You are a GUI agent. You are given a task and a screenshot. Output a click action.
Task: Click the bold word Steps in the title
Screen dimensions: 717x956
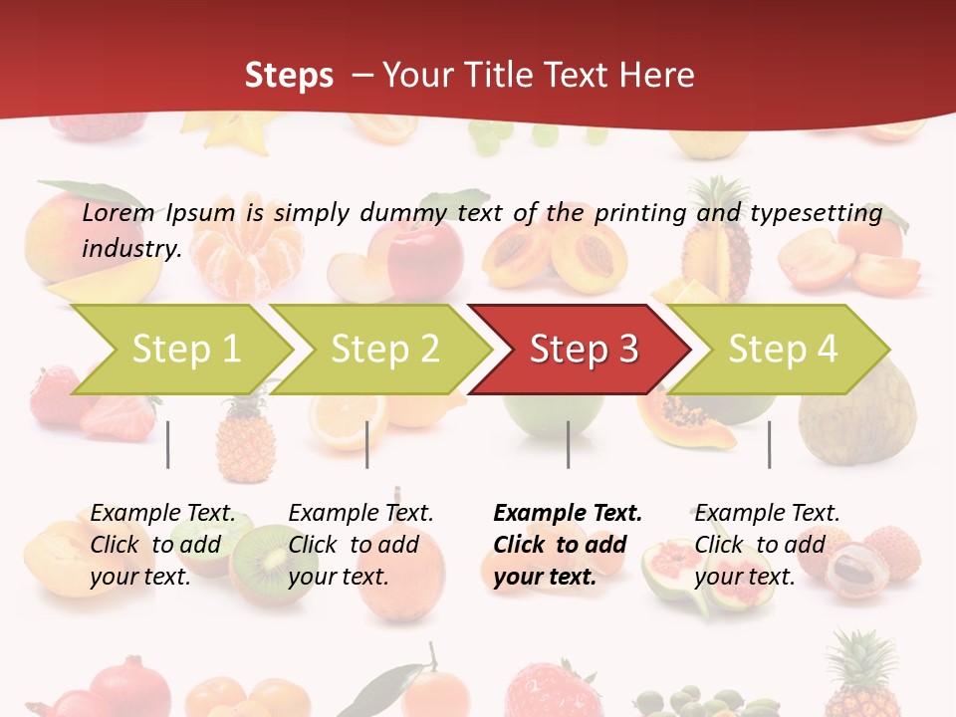(x=289, y=75)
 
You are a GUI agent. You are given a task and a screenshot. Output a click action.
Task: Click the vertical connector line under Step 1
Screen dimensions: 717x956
(x=168, y=444)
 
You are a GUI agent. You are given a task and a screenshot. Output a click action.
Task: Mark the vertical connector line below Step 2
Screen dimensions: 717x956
(x=367, y=444)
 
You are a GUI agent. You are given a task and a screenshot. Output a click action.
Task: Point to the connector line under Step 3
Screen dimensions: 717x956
(x=569, y=444)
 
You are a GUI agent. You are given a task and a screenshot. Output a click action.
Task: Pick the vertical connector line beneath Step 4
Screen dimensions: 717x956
(x=770, y=444)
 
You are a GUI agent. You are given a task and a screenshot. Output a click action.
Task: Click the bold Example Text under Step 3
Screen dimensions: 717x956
(x=568, y=514)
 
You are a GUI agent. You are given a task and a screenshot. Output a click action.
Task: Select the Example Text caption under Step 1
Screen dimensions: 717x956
(x=162, y=514)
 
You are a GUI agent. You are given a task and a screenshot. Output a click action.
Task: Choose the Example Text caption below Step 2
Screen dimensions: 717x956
(x=360, y=514)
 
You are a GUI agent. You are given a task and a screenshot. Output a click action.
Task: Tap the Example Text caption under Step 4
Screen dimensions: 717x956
(x=767, y=514)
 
